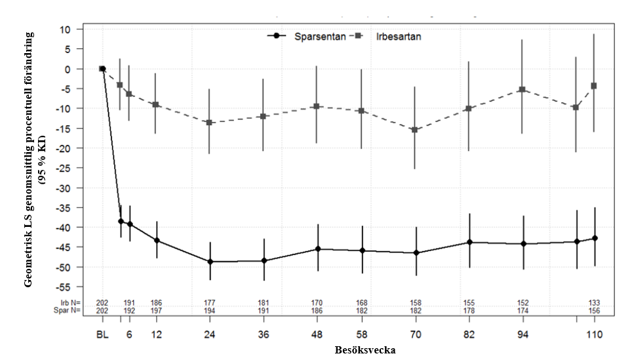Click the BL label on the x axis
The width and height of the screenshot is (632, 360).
point(102,334)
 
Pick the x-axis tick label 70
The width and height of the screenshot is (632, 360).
point(415,334)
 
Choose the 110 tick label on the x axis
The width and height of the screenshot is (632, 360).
point(594,334)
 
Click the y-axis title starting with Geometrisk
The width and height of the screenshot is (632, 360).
point(35,161)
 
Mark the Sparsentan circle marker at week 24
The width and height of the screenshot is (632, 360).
point(210,262)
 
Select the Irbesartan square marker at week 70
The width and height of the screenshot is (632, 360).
point(415,130)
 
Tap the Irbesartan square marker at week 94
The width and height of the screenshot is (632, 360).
point(523,89)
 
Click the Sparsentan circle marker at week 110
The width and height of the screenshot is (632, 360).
point(594,238)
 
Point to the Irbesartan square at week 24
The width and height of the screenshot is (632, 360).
point(210,123)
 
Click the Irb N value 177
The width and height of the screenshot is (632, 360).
point(210,303)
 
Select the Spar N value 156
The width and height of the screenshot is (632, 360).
point(594,310)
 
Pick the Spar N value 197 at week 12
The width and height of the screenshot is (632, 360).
point(156,310)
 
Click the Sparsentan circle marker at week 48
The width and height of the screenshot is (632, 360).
point(317,249)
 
